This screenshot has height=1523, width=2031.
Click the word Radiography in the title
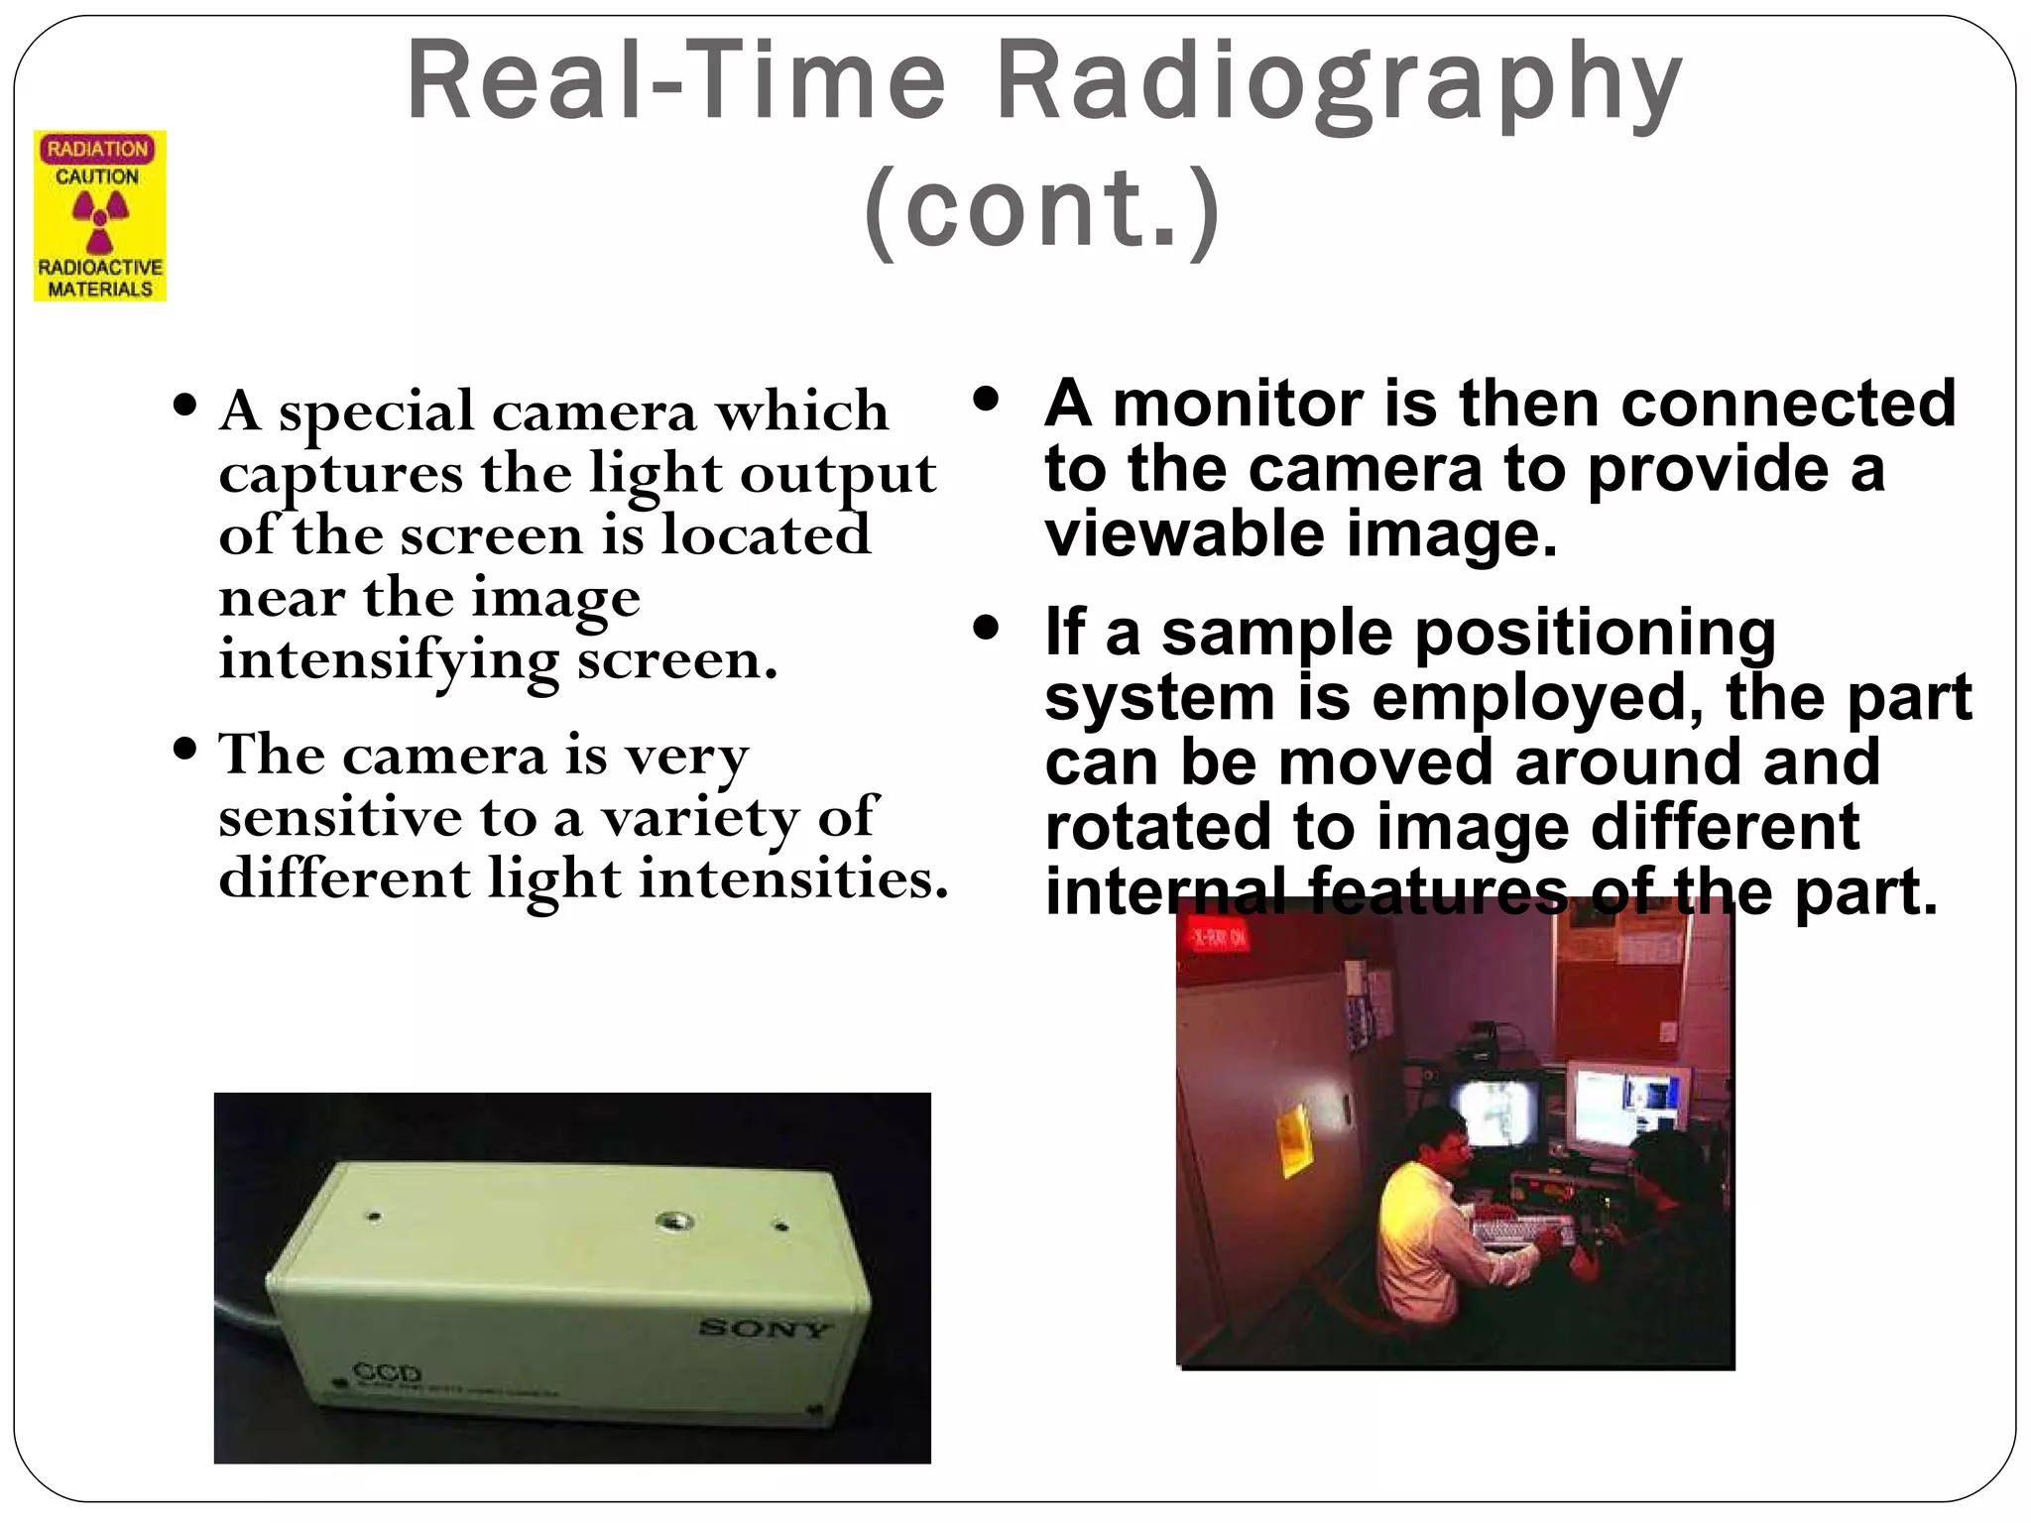[1339, 84]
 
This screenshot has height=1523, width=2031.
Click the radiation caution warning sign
[100, 216]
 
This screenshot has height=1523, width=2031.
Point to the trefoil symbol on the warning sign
[100, 219]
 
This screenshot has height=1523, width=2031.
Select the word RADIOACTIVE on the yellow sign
[100, 268]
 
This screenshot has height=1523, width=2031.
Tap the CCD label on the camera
[388, 1374]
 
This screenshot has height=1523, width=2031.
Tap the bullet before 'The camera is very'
[184, 749]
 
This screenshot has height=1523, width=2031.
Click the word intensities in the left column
[793, 879]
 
